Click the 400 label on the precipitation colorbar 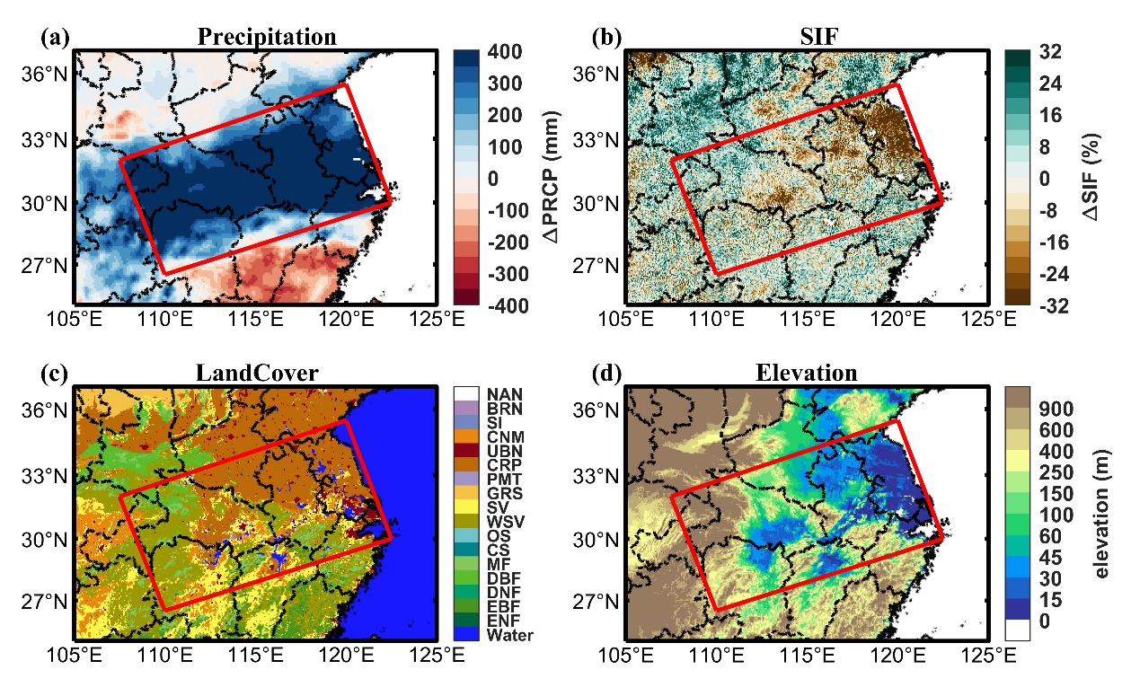pos(509,53)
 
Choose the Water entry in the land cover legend pos(509,635)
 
